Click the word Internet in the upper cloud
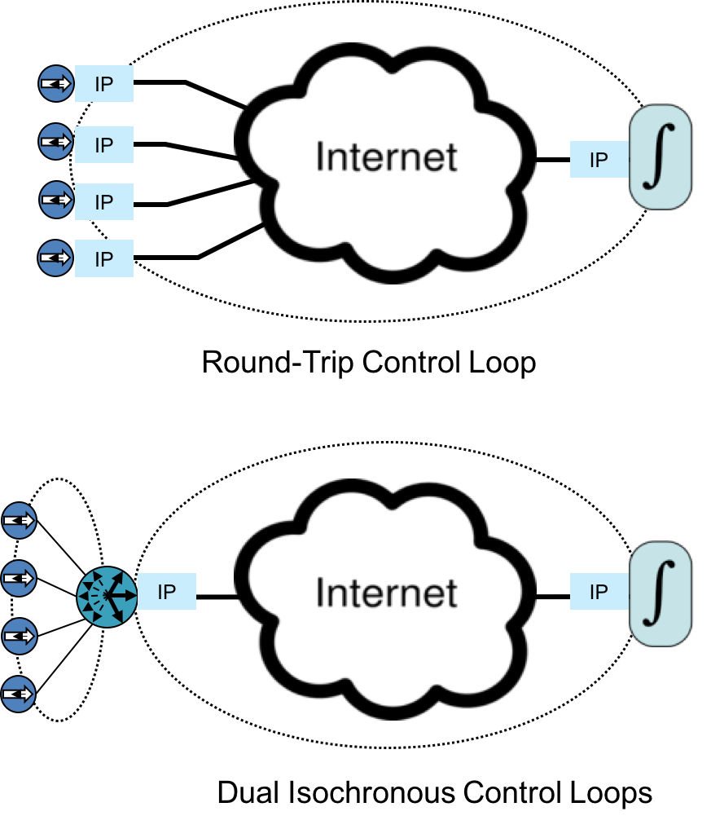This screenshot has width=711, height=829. [386, 157]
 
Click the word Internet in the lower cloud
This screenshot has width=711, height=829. [386, 593]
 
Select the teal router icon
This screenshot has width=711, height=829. [108, 597]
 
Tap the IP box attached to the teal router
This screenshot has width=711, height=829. [167, 592]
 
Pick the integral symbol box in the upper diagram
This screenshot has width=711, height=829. [661, 157]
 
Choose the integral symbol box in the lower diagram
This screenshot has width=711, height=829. [661, 593]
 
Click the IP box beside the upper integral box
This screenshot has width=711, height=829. [599, 160]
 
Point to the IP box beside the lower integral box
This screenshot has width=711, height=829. [599, 592]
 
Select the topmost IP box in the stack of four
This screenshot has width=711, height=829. [104, 84]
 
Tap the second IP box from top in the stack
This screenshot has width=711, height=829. [104, 144]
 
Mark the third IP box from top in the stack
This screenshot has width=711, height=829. [104, 201]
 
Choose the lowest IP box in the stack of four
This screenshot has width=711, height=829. [104, 258]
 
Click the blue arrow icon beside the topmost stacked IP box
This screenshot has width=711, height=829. [56, 83]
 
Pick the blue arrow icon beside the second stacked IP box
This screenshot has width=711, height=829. [56, 142]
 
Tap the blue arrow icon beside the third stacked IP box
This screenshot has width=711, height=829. [57, 200]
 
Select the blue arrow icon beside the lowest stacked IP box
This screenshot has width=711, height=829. [55, 258]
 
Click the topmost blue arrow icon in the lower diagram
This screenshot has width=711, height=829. [19, 520]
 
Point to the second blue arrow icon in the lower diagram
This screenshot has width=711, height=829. [19, 578]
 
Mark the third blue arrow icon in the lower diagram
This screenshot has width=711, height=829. [19, 636]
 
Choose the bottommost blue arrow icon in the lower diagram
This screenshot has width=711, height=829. [18, 695]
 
